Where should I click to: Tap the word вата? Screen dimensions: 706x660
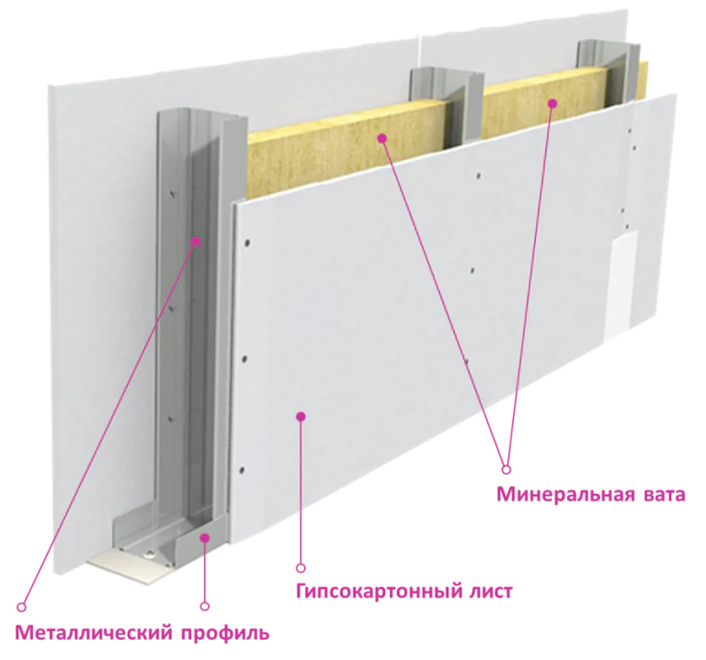[x=662, y=495]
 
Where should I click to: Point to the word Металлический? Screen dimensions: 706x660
[x=94, y=633]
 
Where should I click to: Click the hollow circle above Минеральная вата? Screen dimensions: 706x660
[x=507, y=470]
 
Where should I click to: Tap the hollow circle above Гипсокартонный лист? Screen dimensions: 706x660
[x=301, y=568]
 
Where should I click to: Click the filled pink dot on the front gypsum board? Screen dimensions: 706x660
[x=301, y=416]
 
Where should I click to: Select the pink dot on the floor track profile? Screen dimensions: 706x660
[x=205, y=537]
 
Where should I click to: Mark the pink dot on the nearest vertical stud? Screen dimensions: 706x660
[x=195, y=242]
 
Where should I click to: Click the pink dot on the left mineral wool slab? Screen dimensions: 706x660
[x=382, y=138]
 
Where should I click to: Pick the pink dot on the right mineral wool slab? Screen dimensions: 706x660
[x=552, y=104]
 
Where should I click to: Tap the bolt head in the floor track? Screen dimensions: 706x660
[x=147, y=555]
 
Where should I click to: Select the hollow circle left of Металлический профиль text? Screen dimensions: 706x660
[x=21, y=607]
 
